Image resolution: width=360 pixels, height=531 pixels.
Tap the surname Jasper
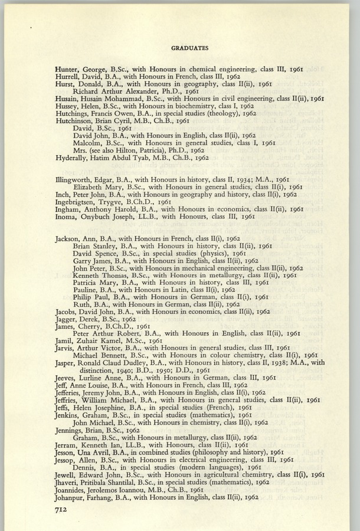[67, 365]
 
